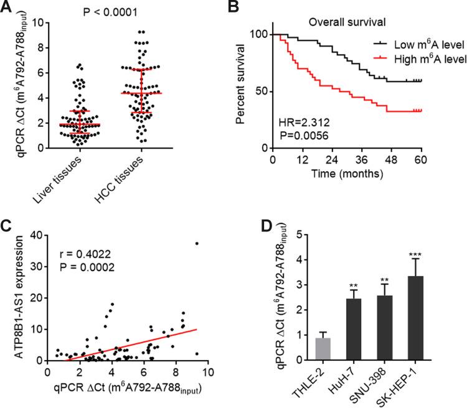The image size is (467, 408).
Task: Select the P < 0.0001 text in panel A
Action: pyautogui.click(x=108, y=11)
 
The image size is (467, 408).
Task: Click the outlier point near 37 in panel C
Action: pyautogui.click(x=197, y=244)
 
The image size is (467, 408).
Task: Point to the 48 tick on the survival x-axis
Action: pyautogui.click(x=386, y=160)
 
